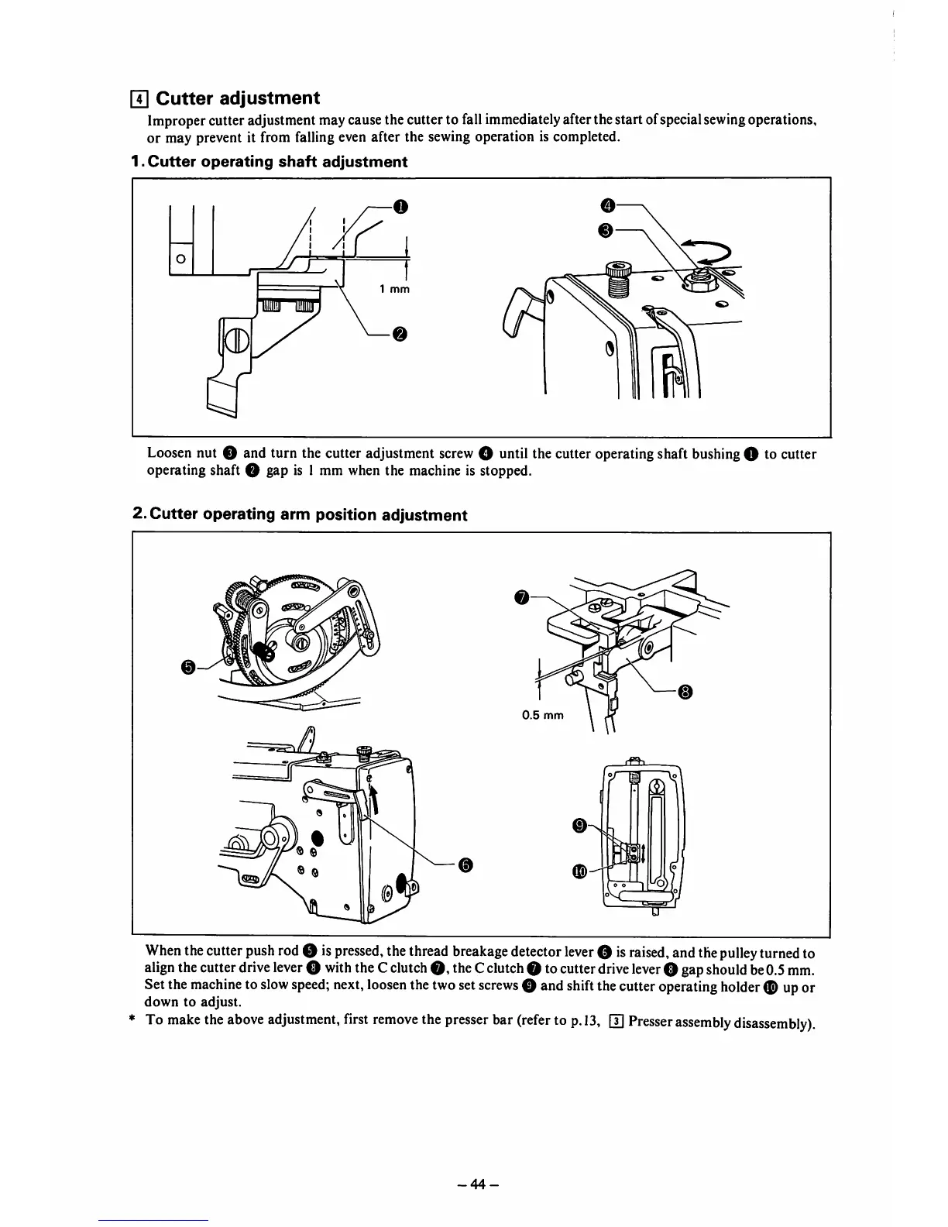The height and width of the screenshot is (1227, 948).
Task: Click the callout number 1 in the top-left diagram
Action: (399, 206)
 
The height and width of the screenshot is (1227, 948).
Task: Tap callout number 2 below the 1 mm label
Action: (399, 334)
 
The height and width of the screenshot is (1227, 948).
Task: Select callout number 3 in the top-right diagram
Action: (608, 230)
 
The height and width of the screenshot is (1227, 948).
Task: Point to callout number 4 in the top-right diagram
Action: (608, 204)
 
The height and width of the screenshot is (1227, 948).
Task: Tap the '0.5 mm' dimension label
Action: (544, 715)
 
